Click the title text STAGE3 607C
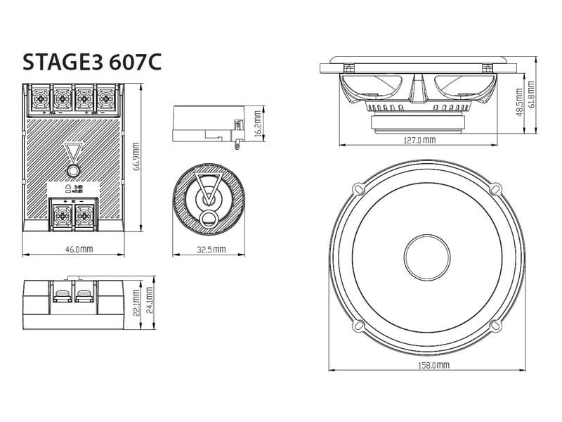(x=93, y=61)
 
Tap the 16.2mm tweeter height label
(x=259, y=127)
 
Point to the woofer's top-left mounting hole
(x=358, y=188)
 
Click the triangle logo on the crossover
(x=74, y=153)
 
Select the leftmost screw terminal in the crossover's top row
(x=40, y=96)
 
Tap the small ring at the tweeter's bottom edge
(x=208, y=220)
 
